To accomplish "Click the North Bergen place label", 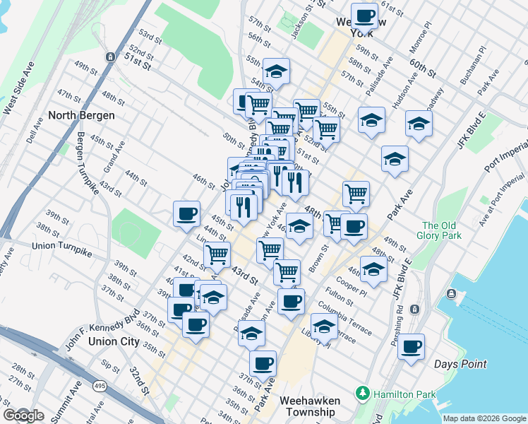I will point(81,115).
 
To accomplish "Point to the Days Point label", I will point(460,364).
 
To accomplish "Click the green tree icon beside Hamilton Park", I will point(363,392).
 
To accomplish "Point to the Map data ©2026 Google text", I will point(484,418).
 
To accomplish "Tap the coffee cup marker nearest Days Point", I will point(412,347).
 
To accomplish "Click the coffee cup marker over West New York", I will point(365,15).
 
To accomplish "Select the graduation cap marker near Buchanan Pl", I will point(419,124).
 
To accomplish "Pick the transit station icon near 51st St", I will point(109,56).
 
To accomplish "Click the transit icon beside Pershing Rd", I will point(415,309).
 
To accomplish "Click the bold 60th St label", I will point(422,69).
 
